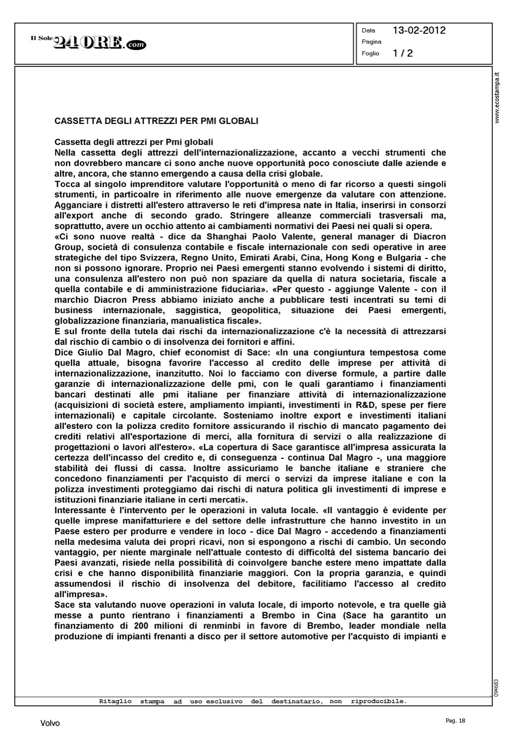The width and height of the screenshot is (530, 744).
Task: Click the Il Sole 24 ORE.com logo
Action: pyautogui.click(x=89, y=43)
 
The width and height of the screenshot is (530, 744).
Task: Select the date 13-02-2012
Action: pyautogui.click(x=419, y=30)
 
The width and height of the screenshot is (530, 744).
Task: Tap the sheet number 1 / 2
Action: pyautogui.click(x=403, y=53)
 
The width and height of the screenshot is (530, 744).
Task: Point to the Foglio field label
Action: pyautogui.click(x=370, y=53)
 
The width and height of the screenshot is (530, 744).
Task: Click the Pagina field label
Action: pyautogui.click(x=371, y=42)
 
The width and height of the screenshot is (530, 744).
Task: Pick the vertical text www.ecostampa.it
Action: pyautogui.click(x=498, y=97)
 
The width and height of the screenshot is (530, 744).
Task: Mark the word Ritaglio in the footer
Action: pyautogui.click(x=115, y=701)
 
